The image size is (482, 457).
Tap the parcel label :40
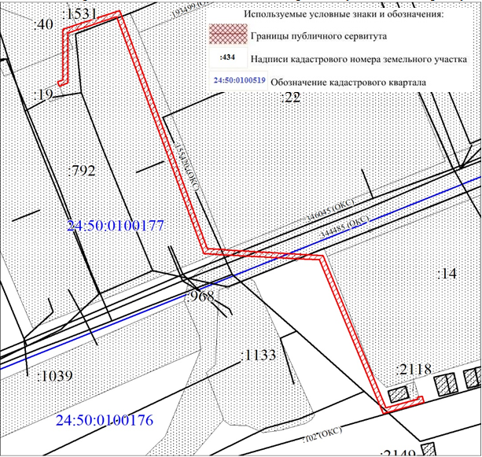(x=45, y=25)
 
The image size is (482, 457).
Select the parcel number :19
(x=44, y=95)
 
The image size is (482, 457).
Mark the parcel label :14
(x=446, y=273)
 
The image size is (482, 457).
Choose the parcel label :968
(x=198, y=297)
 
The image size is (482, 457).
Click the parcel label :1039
(x=54, y=376)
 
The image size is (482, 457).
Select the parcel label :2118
(x=412, y=369)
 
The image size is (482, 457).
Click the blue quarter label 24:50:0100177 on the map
(x=116, y=226)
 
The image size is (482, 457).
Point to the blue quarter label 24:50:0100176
(x=105, y=420)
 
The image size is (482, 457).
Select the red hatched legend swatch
(x=226, y=35)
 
